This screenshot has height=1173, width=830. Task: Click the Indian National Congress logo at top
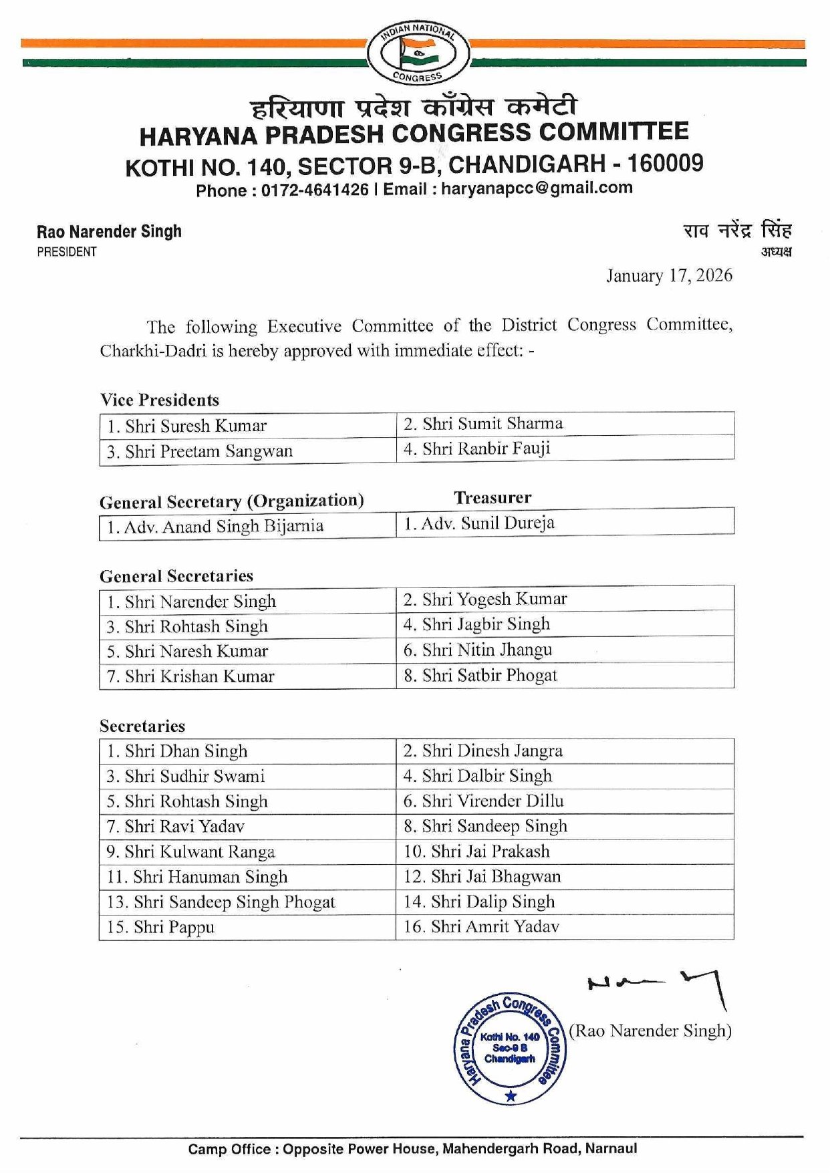point(418,53)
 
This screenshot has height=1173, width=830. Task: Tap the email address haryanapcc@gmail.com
point(537,188)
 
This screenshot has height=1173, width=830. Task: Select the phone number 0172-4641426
point(315,190)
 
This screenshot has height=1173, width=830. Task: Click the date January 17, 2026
point(668,276)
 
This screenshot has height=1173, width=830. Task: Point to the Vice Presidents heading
point(160,400)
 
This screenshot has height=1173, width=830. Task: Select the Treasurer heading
point(493,497)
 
